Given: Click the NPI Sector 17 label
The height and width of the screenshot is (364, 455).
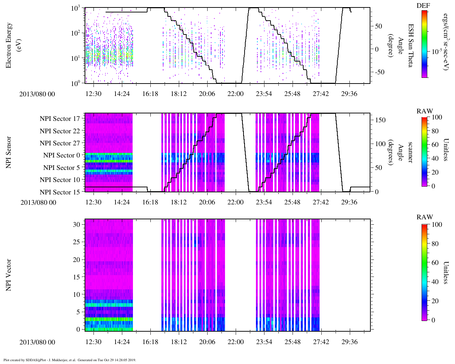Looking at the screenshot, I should [60, 119].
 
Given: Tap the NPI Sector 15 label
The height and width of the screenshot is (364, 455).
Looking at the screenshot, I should [60, 192].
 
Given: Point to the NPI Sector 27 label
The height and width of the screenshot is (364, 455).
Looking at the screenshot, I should [60, 143].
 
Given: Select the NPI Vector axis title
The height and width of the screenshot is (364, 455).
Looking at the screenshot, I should [9, 275].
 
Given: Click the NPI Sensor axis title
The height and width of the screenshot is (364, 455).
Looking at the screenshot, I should [9, 152].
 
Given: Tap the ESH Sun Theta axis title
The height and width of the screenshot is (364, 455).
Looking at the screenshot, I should [411, 45].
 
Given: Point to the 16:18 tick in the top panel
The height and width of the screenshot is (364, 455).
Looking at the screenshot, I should [150, 94].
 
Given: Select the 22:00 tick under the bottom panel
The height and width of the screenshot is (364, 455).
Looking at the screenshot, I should [235, 342].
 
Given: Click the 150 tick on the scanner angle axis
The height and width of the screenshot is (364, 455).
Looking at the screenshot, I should [381, 120].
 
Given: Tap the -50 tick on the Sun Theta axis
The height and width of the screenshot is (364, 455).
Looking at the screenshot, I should [379, 72].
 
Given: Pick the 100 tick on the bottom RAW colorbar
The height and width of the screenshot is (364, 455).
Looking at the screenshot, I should [437, 225].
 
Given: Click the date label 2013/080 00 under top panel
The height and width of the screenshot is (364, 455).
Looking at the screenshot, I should [37, 94].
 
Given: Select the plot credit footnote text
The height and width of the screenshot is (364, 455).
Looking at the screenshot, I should [70, 360].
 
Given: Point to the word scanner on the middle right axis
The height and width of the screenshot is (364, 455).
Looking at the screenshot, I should [411, 152].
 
